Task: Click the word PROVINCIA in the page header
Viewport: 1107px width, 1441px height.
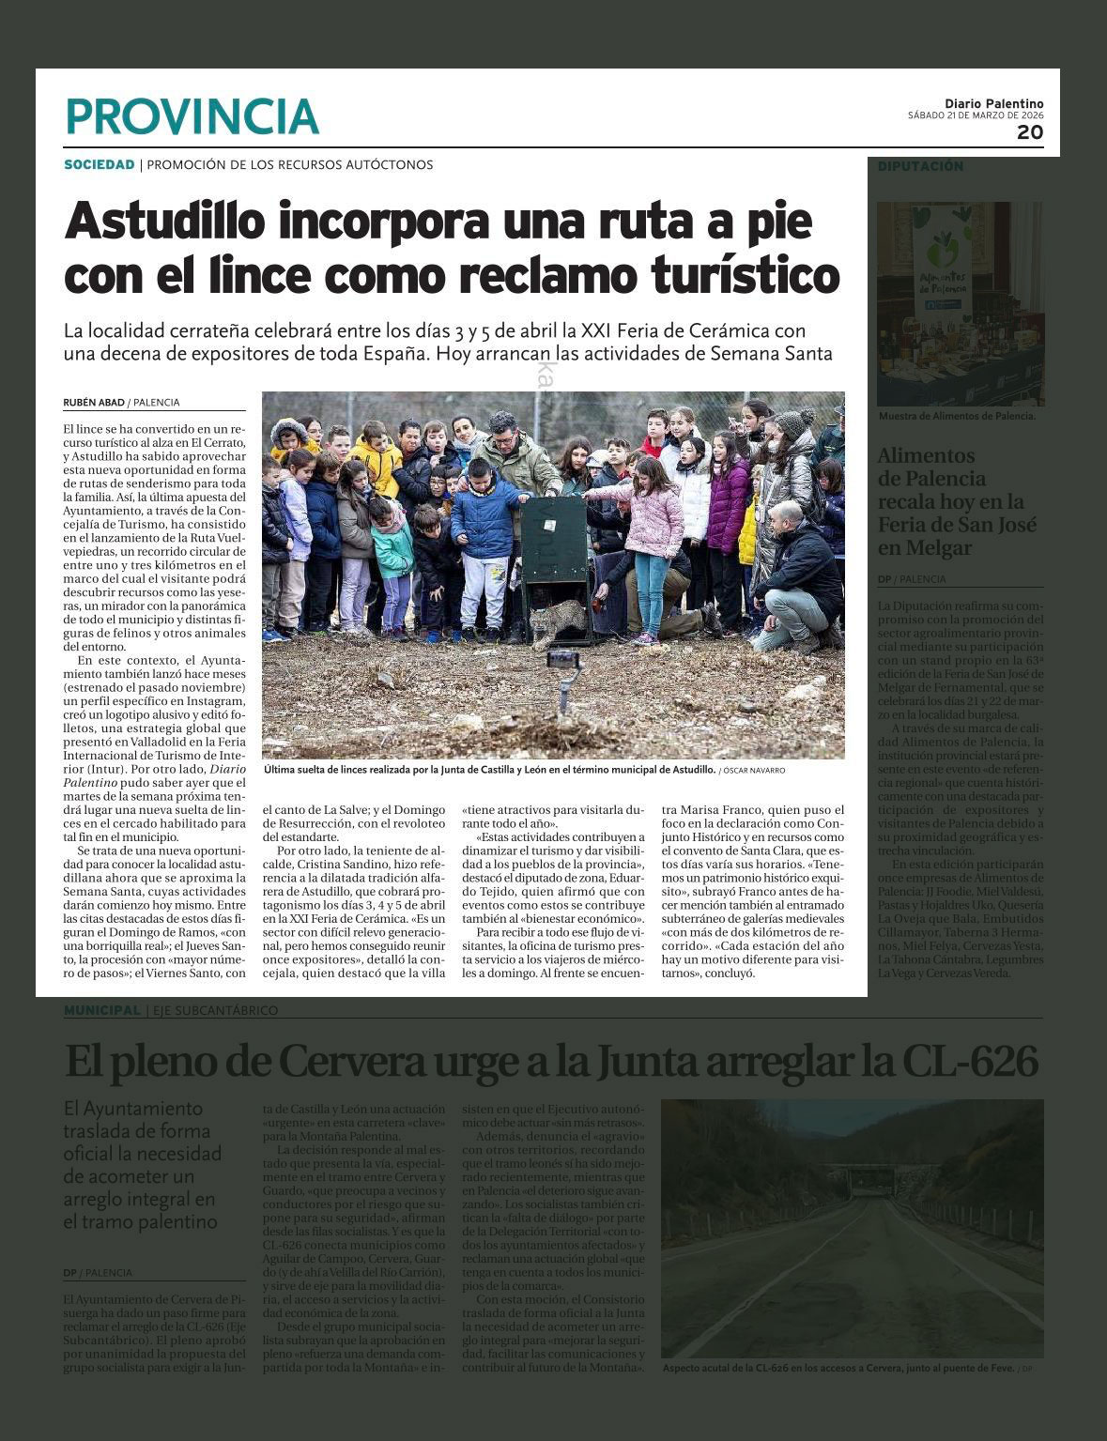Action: pyautogui.click(x=192, y=116)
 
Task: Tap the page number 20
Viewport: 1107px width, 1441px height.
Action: pyautogui.click(x=1030, y=132)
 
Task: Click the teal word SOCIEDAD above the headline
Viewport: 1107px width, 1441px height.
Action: pyautogui.click(x=100, y=165)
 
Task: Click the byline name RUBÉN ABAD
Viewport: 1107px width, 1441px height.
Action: pyautogui.click(x=93, y=403)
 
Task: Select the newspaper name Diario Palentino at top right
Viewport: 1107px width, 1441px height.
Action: pyautogui.click(x=993, y=104)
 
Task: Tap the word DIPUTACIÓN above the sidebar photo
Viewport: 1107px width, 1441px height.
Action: pyautogui.click(x=920, y=166)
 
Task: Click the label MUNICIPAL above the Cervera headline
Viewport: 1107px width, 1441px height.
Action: pyautogui.click(x=101, y=1010)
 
